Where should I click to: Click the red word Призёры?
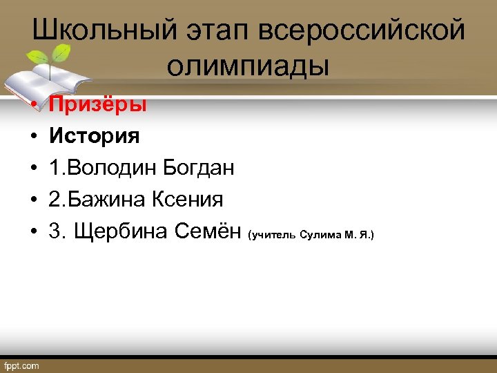[97, 104]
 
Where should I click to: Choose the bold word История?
[94, 136]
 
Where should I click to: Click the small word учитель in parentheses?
[275, 236]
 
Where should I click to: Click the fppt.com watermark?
[22, 365]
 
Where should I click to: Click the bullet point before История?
[32, 137]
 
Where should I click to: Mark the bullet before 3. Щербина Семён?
[32, 233]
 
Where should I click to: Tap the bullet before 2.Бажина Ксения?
[32, 200]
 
